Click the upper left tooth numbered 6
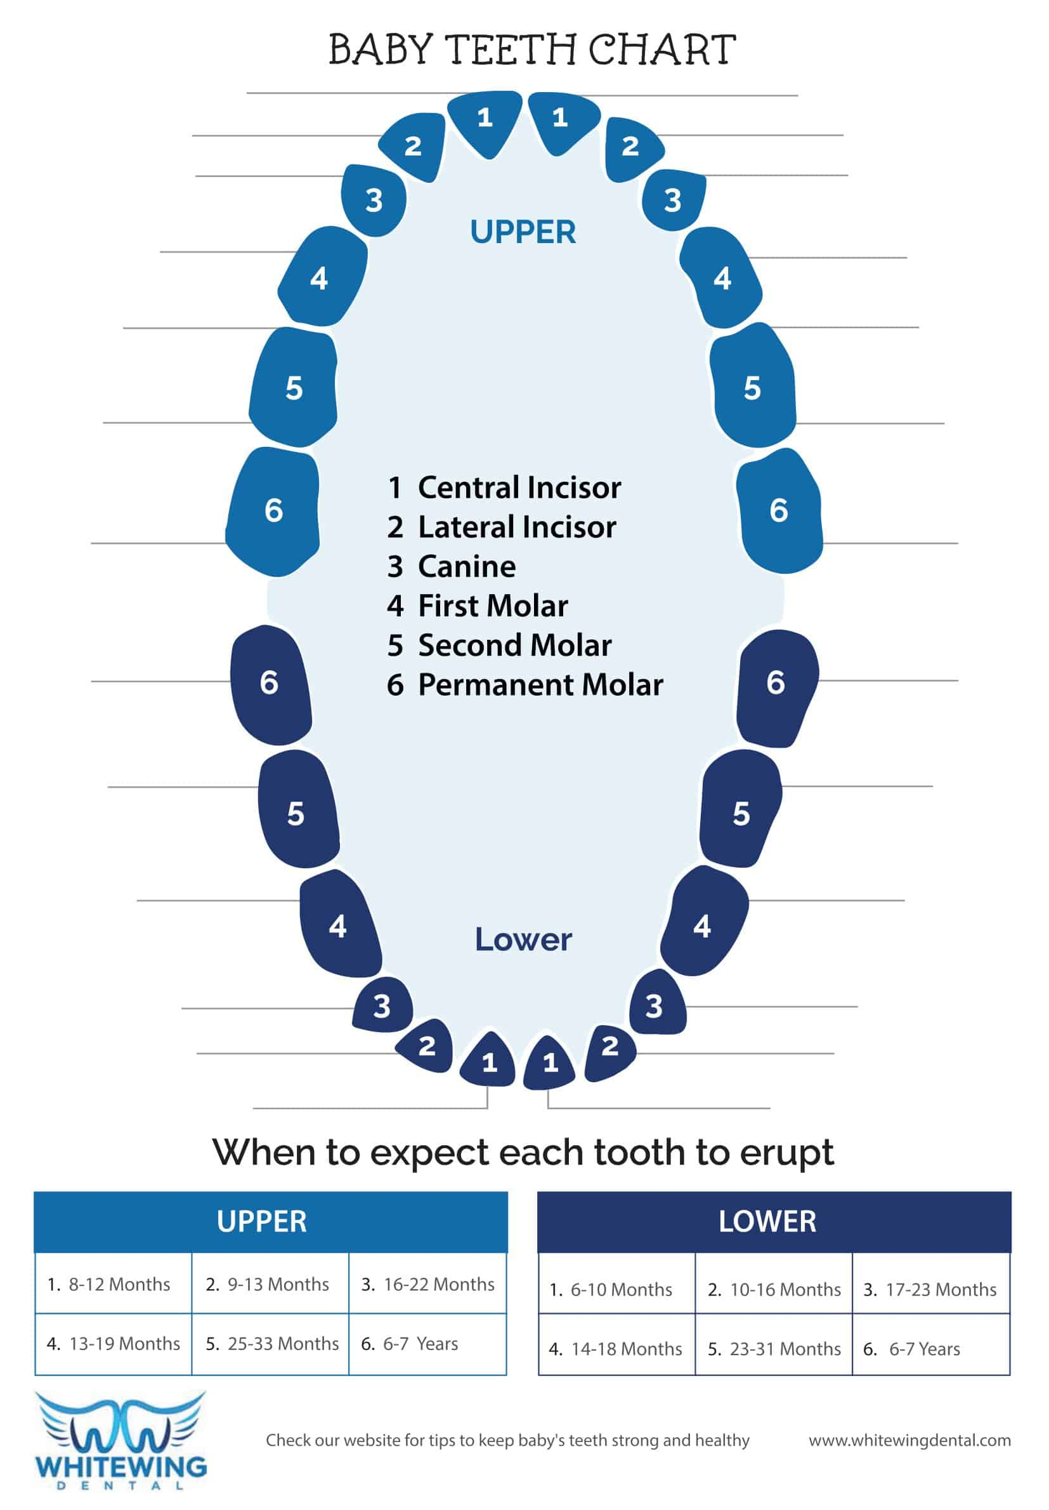(x=273, y=511)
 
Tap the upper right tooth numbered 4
(x=721, y=277)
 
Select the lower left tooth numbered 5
(x=297, y=810)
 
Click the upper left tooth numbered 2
(x=412, y=146)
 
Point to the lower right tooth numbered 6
(x=778, y=688)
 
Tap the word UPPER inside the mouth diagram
(x=523, y=232)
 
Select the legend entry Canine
(x=452, y=566)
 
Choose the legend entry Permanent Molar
(x=524, y=685)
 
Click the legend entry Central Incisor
(x=504, y=487)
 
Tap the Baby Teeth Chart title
(x=532, y=50)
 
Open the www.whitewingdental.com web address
(x=909, y=1440)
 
